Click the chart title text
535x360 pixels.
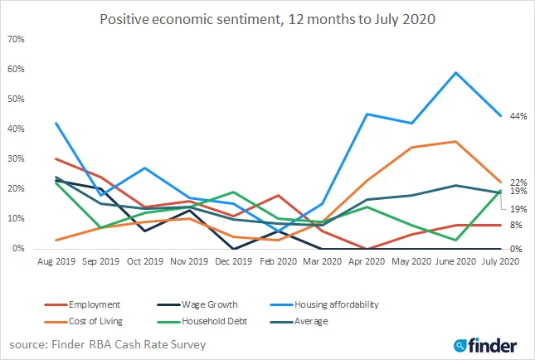[x=267, y=17]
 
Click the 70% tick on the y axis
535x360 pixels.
[x=15, y=40]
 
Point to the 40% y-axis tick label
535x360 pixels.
[x=15, y=129]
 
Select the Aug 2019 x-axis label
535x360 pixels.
[x=56, y=261]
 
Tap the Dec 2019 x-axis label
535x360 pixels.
[x=235, y=261]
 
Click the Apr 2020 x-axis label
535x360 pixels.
[x=366, y=261]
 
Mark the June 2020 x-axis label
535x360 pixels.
[x=455, y=261]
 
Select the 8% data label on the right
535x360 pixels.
[x=515, y=225]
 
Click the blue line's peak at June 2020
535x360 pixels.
[x=455, y=72]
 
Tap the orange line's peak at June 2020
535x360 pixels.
[x=455, y=141]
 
